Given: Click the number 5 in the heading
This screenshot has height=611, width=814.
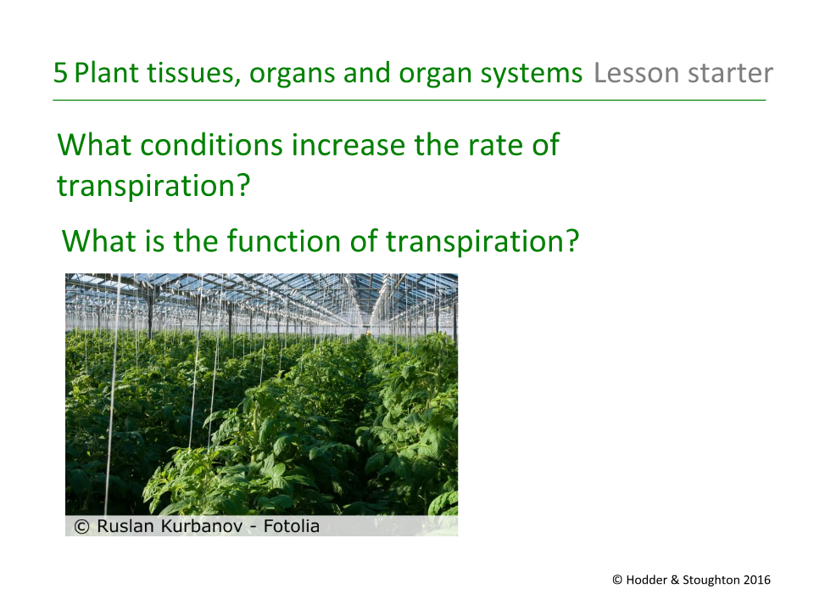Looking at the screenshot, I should coord(60,73).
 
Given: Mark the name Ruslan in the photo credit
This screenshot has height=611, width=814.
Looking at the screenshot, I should coord(124,526).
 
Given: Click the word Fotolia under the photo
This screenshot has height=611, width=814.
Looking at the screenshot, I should coord(292,526).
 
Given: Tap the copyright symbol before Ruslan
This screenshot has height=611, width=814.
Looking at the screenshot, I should coord(82,526).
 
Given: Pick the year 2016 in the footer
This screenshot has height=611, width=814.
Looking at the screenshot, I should coord(757,580).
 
